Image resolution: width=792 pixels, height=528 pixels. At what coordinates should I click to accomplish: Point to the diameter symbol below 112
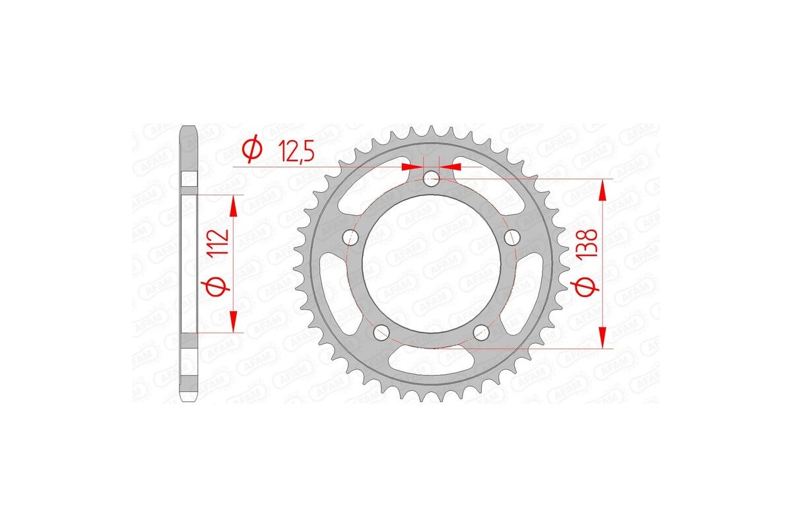[220, 286]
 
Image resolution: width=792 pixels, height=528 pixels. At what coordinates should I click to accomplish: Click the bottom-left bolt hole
[381, 333]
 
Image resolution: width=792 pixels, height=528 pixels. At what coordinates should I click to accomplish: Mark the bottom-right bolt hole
[482, 333]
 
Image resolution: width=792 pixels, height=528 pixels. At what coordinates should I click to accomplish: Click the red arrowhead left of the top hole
[412, 166]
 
